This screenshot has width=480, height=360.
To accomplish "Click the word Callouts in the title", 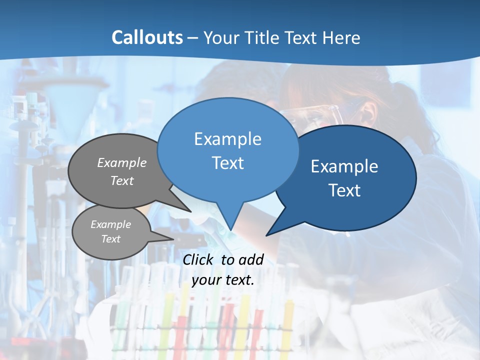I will pyautogui.click(x=147, y=37).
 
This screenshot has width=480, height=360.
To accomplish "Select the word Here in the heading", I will pyautogui.click(x=341, y=37).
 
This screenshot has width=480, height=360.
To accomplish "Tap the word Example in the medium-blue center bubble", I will pyautogui.click(x=227, y=139).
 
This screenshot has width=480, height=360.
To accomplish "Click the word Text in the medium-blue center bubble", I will pyautogui.click(x=227, y=163).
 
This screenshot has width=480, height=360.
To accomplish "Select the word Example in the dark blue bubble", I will pyautogui.click(x=344, y=166).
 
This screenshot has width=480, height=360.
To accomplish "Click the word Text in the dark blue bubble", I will pyautogui.click(x=344, y=190).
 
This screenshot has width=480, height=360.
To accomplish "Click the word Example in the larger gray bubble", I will pyautogui.click(x=122, y=163).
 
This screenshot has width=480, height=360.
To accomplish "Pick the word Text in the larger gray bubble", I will pyautogui.click(x=122, y=181).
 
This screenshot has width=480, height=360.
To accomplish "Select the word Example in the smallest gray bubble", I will pyautogui.click(x=110, y=224).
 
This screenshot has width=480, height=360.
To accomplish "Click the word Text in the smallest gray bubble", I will pyautogui.click(x=110, y=239).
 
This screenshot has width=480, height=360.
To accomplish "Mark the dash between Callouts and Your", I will pyautogui.click(x=193, y=38).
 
